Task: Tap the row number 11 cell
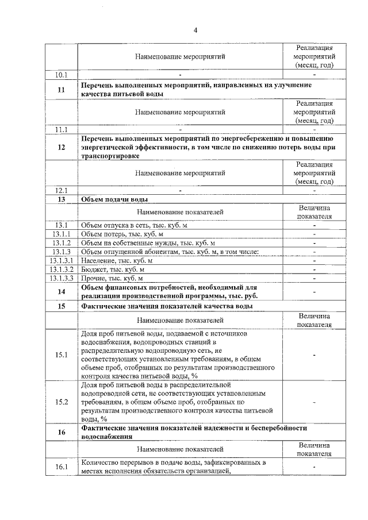pos(62,90)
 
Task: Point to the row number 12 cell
pos(62,147)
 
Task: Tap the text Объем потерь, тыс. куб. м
pos(122,234)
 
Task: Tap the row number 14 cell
pos(62,292)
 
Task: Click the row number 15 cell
pos(62,306)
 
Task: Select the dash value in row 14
pos(315,292)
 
